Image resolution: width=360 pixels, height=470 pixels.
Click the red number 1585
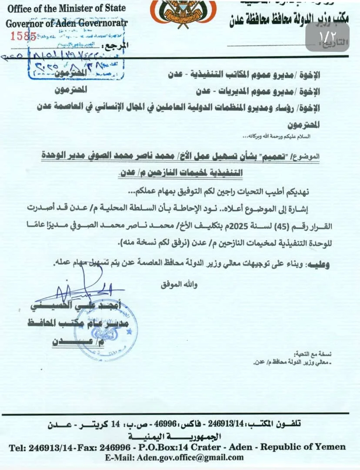[x=23, y=36]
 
